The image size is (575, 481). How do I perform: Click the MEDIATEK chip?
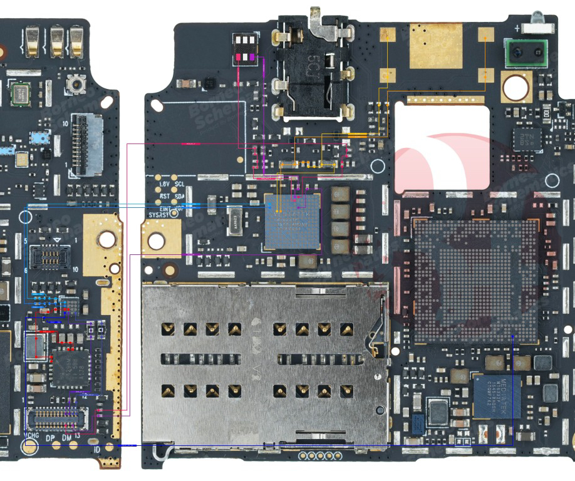point(497,396)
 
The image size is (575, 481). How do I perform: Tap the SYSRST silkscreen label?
point(160,215)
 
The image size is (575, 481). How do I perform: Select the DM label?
point(67,438)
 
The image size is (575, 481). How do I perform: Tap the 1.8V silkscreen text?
point(163,185)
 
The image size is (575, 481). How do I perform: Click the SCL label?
point(179,185)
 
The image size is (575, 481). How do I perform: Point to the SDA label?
point(179,195)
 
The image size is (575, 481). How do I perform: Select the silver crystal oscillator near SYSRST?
point(235,221)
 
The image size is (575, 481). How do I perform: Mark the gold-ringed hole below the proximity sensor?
point(515,86)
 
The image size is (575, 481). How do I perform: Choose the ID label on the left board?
point(97,450)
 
